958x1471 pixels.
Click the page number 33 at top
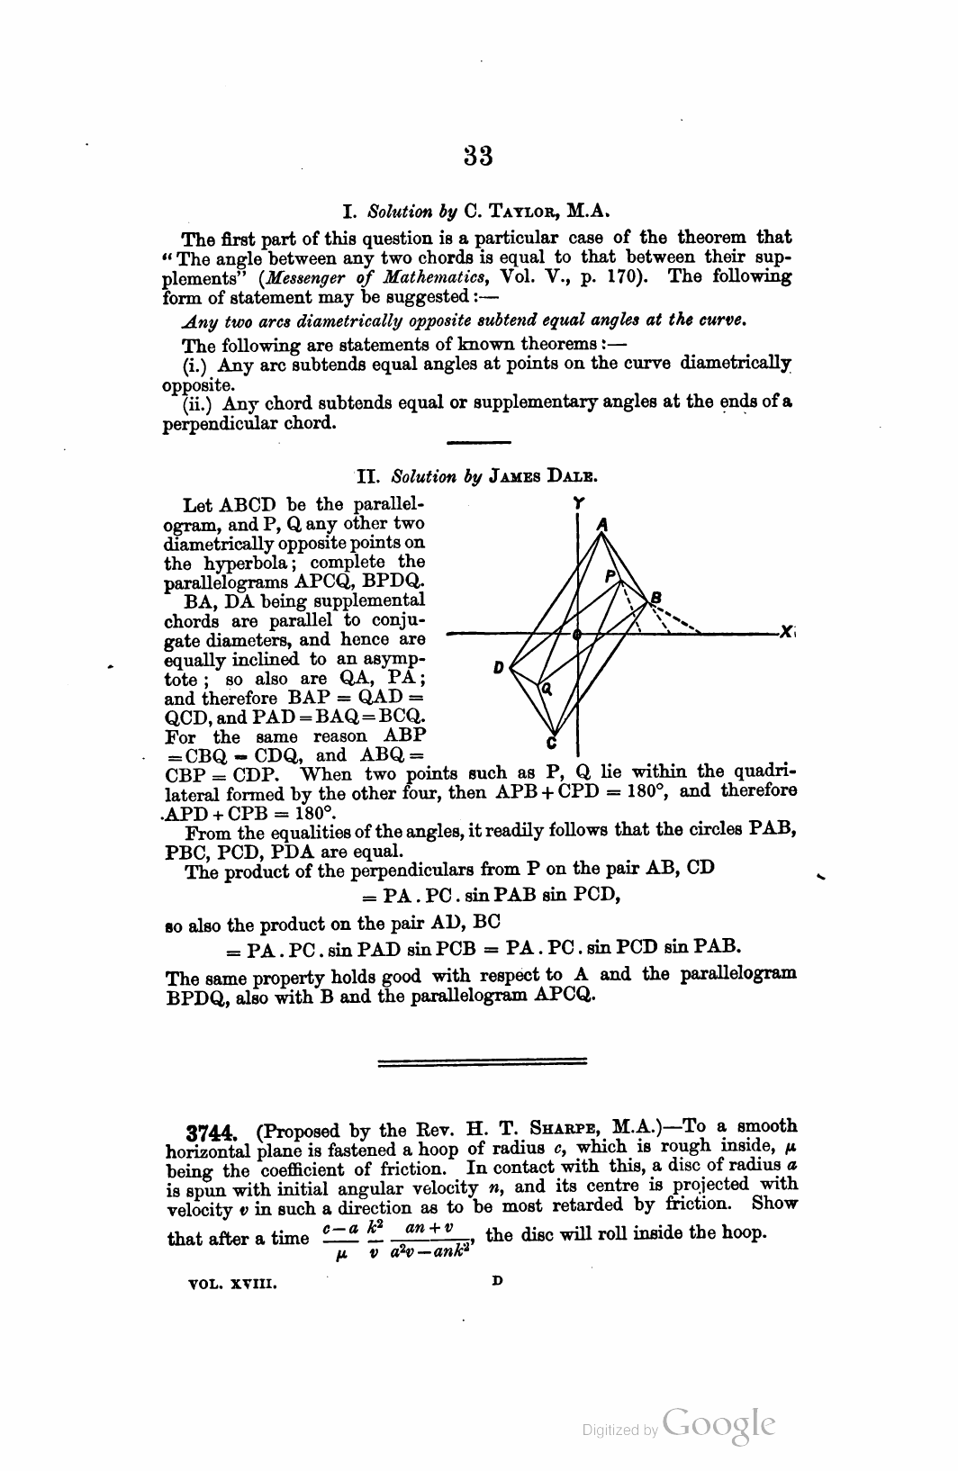[478, 156]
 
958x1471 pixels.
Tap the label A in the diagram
[603, 523]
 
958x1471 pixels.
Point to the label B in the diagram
[656, 597]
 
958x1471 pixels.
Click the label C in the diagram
[552, 744]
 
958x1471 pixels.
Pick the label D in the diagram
[497, 668]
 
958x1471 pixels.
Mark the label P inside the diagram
[610, 574]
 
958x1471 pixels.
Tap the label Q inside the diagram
[545, 689]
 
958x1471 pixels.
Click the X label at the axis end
[785, 633]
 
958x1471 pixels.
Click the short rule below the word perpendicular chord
[478, 441]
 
